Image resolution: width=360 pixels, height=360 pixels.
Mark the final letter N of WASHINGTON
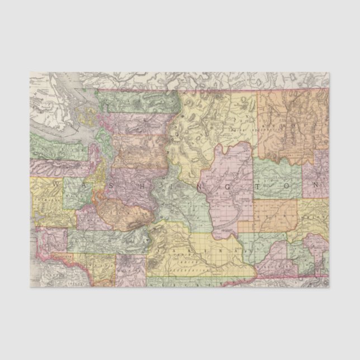tap(316, 184)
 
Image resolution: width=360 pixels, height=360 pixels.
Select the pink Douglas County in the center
tap(229, 179)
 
